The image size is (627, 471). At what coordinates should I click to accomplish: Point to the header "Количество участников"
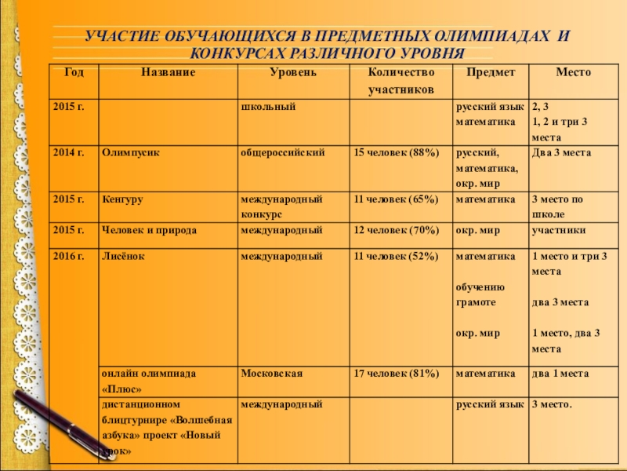(x=400, y=81)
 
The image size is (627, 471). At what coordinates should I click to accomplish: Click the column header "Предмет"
(x=491, y=72)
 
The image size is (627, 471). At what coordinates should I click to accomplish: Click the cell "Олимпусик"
(x=131, y=152)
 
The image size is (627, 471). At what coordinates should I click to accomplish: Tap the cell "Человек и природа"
(x=149, y=231)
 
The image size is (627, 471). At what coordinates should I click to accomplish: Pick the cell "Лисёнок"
(x=123, y=256)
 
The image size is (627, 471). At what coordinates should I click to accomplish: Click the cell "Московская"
(x=272, y=374)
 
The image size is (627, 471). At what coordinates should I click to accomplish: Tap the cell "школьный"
(x=268, y=105)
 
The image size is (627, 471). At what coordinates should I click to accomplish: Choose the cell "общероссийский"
(x=283, y=152)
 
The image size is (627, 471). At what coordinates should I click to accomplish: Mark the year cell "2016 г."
(x=68, y=256)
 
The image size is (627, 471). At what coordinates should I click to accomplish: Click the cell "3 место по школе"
(x=557, y=206)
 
